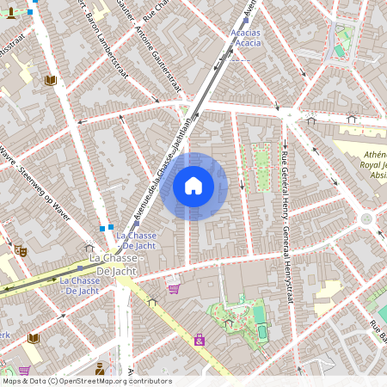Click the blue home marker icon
pyautogui.click(x=193, y=186)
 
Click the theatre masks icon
pyautogui.click(x=20, y=250)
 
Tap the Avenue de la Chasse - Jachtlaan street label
pyautogui.click(x=158, y=163)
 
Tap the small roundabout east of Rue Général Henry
pyautogui.click(x=367, y=218)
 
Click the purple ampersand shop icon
pyautogui.click(x=200, y=341)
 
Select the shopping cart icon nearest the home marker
pyautogui.click(x=174, y=289)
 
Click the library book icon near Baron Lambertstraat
pyautogui.click(x=50, y=80)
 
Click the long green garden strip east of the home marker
pyautogui.click(x=261, y=167)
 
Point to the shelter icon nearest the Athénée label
pyautogui.click(x=351, y=119)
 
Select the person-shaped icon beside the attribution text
pyautogui.click(x=100, y=368)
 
